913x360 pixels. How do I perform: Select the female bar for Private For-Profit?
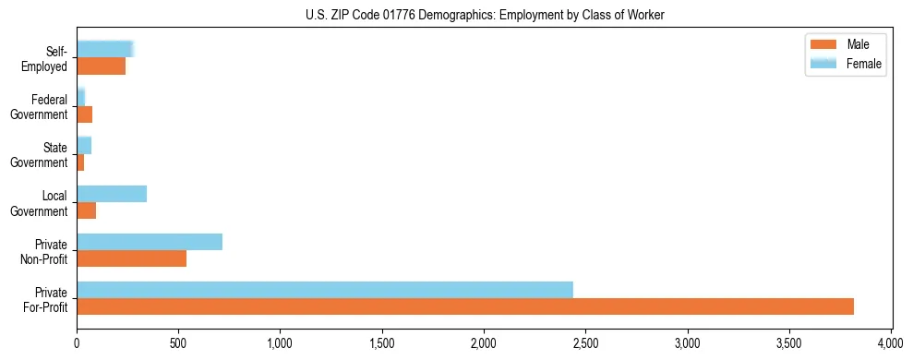click(x=324, y=290)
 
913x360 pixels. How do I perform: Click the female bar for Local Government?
click(x=111, y=194)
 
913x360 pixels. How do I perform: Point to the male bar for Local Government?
click(x=86, y=210)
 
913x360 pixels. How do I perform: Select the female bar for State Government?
click(x=83, y=146)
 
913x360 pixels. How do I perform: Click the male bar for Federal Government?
click(x=84, y=114)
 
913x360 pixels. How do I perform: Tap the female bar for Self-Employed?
click(x=104, y=50)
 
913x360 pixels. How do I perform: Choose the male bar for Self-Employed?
click(x=101, y=66)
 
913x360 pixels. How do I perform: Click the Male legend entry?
click(x=845, y=44)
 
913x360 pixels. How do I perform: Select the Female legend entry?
click(x=845, y=63)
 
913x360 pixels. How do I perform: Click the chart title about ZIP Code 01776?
click(x=485, y=15)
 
